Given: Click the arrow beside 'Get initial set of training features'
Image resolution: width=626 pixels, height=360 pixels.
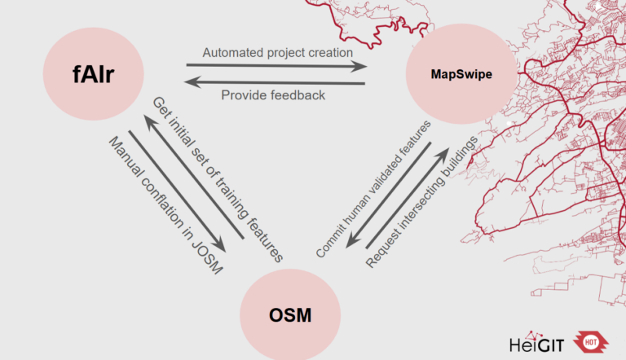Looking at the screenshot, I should (x=193, y=177).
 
